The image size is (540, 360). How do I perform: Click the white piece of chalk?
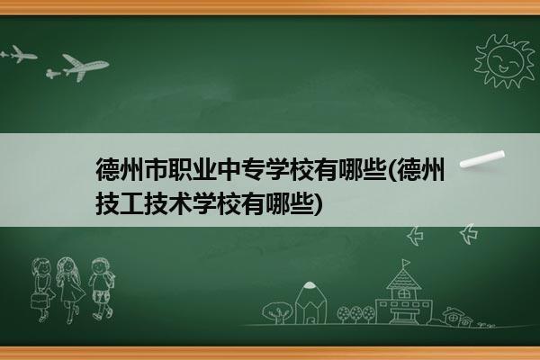point(482,159)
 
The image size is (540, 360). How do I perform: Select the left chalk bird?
point(415,236)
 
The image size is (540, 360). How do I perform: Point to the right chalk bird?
point(469,234)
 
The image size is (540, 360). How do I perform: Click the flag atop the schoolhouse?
point(407,263)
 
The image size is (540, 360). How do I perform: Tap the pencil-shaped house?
point(310,302)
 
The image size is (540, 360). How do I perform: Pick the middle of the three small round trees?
point(356,314)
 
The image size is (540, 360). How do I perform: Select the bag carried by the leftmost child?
point(39,301)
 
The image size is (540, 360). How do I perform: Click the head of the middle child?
point(67,266)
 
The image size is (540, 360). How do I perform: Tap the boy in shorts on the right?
point(102,289)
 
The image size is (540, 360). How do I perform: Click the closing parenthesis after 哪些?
point(319,203)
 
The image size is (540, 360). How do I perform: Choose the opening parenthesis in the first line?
point(391,170)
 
